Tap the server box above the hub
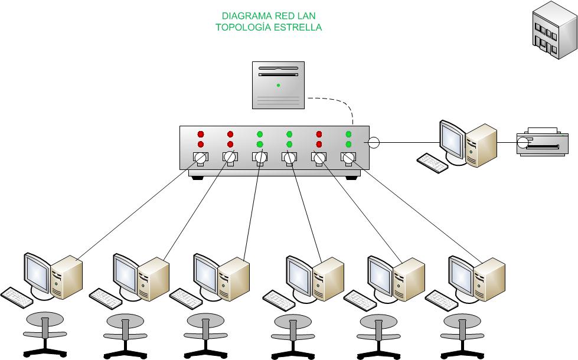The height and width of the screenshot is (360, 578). tap(278, 85)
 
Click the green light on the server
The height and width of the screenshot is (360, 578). tap(278, 86)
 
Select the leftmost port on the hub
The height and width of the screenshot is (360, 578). tap(200, 158)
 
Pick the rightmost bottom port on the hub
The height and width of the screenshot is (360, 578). tap(348, 158)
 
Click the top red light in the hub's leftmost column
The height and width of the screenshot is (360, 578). tap(200, 134)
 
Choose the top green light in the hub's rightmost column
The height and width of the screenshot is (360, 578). tap(348, 134)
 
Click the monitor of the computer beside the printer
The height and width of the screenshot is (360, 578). tap(452, 139)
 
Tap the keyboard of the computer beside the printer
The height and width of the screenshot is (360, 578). tap(431, 163)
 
